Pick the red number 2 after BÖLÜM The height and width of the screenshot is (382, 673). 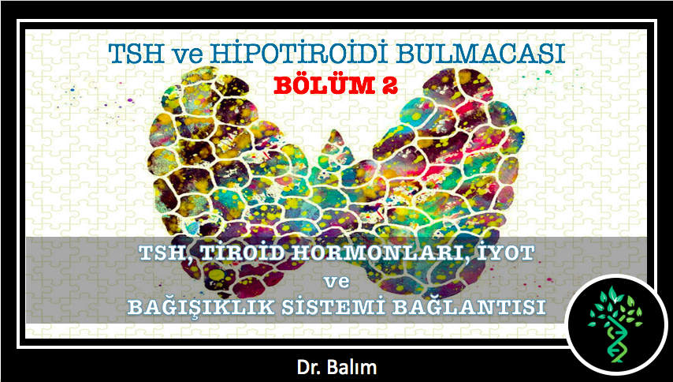pyautogui.click(x=388, y=86)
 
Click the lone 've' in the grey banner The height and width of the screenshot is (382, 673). pyautogui.click(x=336, y=283)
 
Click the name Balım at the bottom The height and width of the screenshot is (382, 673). pyautogui.click(x=355, y=368)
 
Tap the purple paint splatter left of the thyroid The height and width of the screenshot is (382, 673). pyautogui.click(x=128, y=100)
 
